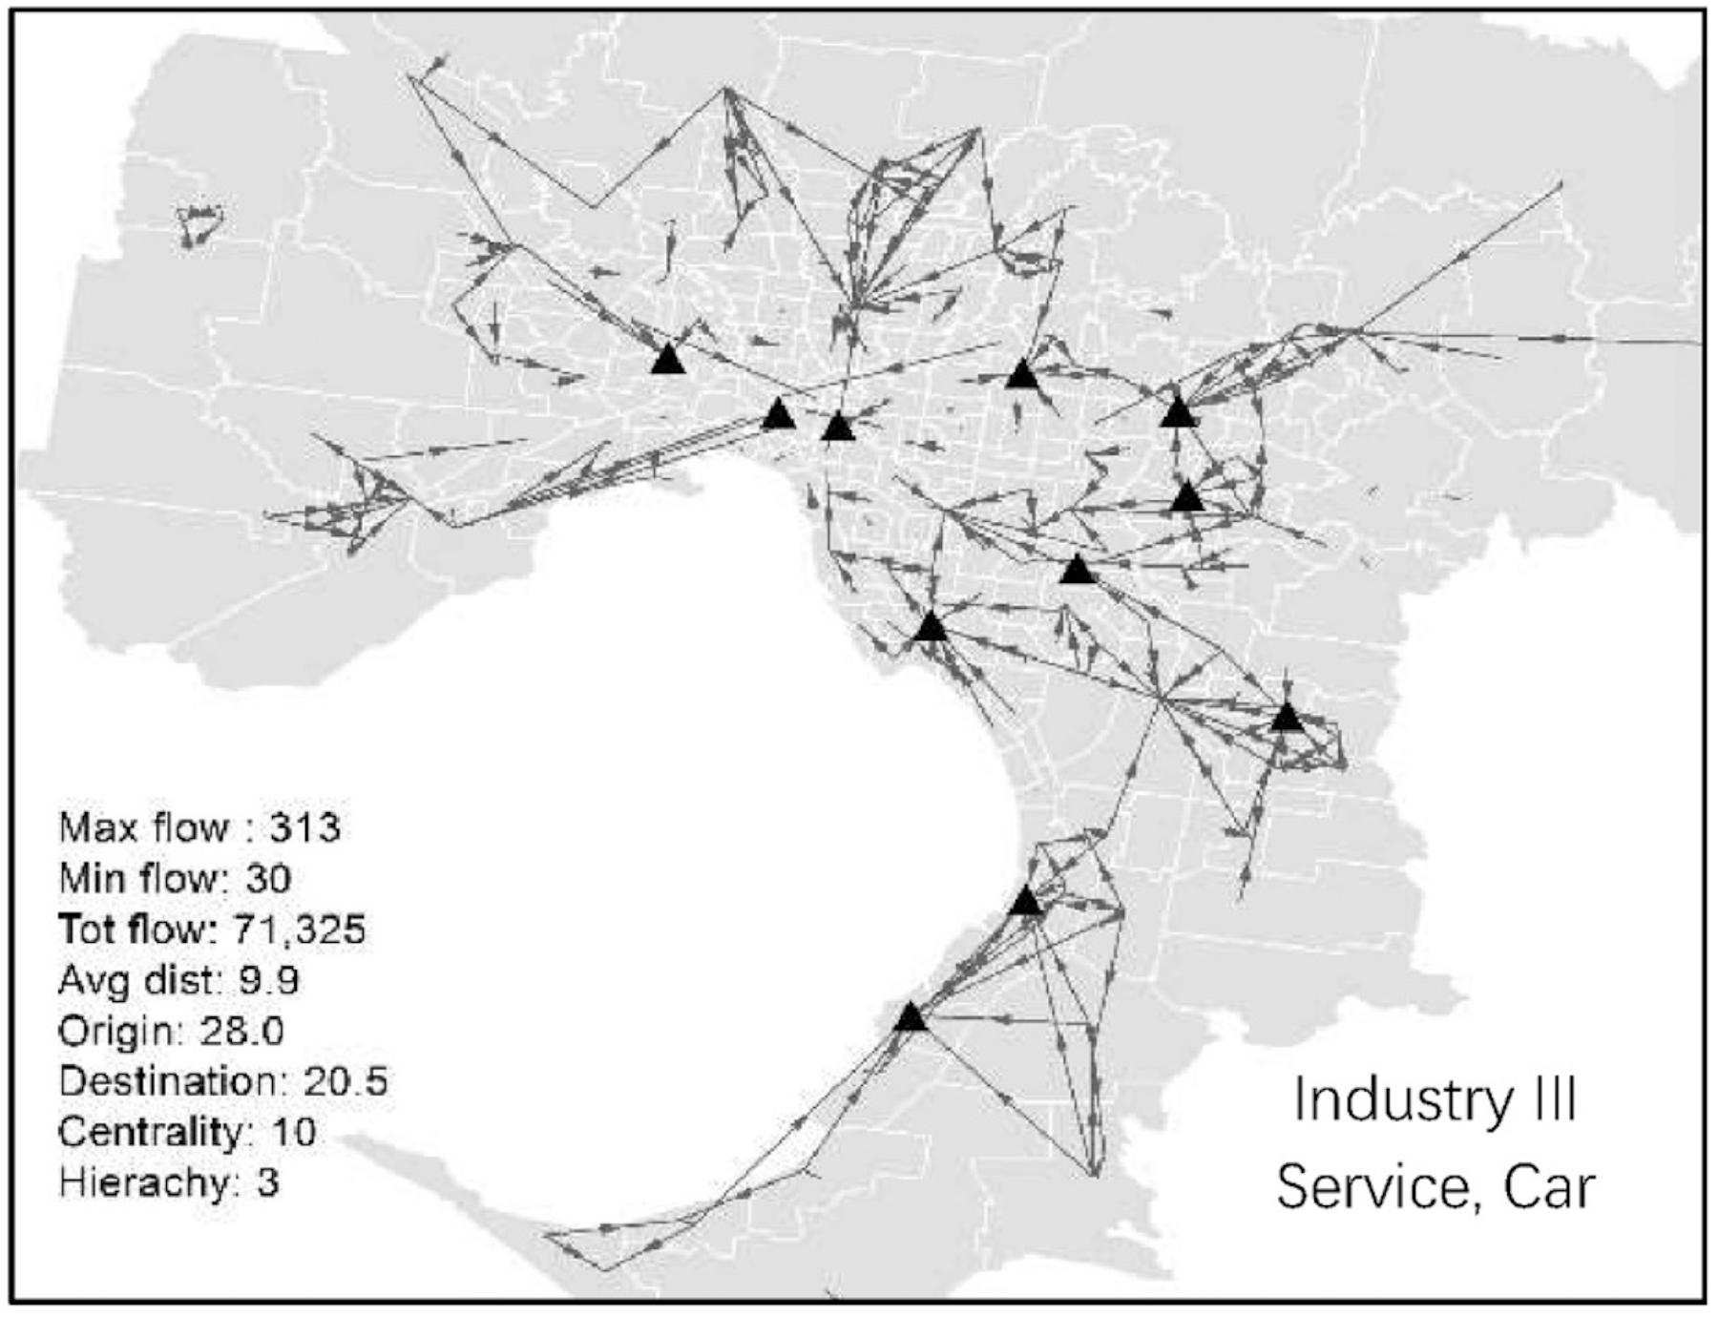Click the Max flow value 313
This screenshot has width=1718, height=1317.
pyautogui.click(x=304, y=826)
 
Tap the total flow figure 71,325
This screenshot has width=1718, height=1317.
pyautogui.click(x=299, y=929)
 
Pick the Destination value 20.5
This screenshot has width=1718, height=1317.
pyautogui.click(x=346, y=1081)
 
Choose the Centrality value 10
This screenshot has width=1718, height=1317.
pyautogui.click(x=293, y=1132)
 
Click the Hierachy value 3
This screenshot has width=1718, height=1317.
pyautogui.click(x=267, y=1183)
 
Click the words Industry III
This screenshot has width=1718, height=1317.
pyautogui.click(x=1434, y=1099)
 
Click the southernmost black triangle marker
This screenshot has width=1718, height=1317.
pyautogui.click(x=911, y=1018)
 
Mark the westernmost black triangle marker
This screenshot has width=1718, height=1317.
pyautogui.click(x=668, y=360)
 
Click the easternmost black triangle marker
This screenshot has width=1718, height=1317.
pyautogui.click(x=1287, y=717)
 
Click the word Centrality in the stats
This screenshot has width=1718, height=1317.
pyautogui.click(x=151, y=1132)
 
